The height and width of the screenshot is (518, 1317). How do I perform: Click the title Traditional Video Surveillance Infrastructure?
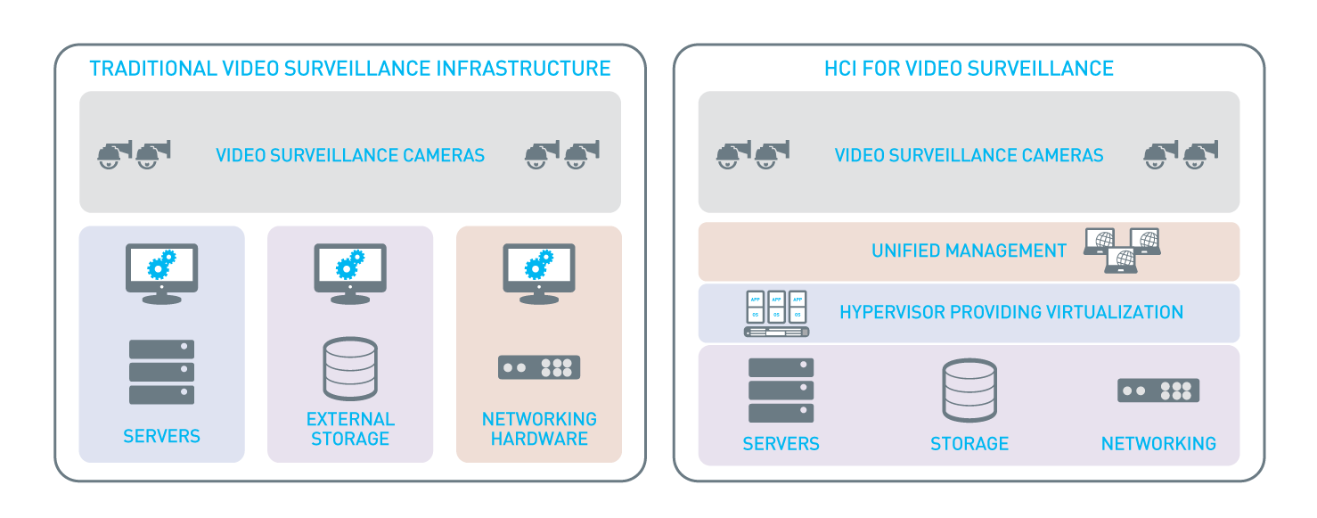pos(350,69)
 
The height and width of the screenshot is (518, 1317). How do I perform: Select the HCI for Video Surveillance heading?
pos(969,69)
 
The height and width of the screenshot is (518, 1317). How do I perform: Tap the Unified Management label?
pos(969,251)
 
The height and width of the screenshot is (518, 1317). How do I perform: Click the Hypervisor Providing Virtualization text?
pos(1011,312)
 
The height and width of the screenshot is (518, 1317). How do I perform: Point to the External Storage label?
pos(350,429)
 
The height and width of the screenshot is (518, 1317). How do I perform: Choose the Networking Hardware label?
pos(539,429)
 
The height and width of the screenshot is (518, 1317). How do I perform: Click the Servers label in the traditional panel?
pos(161,436)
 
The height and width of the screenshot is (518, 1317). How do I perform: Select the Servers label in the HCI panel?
pos(781,443)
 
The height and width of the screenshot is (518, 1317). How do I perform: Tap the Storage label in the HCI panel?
pos(969,443)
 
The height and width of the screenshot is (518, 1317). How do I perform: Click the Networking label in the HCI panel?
pos(1158,443)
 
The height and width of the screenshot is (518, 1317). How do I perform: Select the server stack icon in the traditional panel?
pos(161,372)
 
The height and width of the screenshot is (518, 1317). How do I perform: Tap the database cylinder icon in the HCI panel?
pos(969,390)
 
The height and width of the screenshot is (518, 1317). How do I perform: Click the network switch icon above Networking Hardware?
pos(539,366)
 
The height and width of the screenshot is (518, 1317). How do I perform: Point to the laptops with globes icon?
pos(1122,250)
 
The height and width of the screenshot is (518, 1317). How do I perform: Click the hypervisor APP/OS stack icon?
pos(776,313)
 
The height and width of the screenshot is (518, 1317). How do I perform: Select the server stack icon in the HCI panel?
pos(781,390)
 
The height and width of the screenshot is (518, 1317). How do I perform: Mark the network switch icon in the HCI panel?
pos(1158,391)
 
